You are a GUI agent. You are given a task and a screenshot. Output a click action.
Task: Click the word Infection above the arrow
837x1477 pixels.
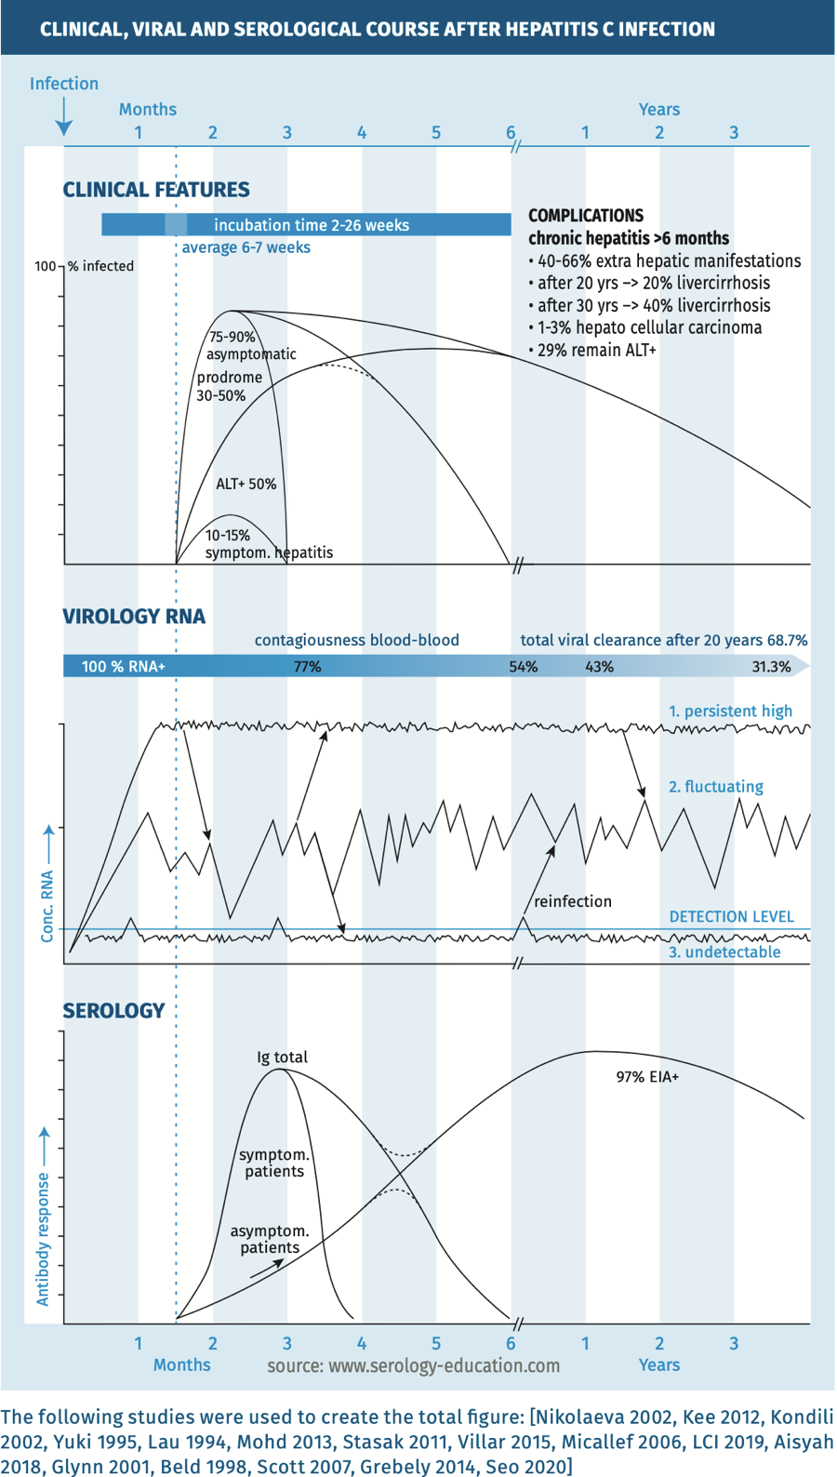click(63, 84)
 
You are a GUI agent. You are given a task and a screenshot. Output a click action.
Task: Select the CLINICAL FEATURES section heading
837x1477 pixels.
click(156, 190)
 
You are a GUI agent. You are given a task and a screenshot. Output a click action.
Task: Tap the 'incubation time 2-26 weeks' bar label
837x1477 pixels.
click(311, 225)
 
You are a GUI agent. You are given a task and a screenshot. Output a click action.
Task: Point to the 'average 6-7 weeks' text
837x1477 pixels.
click(246, 247)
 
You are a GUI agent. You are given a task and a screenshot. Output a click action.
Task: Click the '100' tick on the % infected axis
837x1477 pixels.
click(46, 266)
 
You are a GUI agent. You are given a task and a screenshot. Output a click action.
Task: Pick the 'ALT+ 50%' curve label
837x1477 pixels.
click(246, 484)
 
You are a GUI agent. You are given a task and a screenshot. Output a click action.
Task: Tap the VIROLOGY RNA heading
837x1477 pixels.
click(134, 617)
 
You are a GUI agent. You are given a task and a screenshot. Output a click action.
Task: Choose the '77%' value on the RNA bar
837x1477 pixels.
click(307, 667)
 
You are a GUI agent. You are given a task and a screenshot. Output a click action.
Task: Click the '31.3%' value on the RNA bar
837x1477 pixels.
click(771, 667)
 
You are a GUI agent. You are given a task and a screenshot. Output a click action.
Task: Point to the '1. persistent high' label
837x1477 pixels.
click(730, 712)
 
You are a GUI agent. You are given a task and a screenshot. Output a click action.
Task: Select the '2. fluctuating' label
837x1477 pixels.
click(715, 787)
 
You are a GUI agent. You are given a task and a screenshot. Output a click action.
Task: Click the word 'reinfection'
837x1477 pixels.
click(573, 901)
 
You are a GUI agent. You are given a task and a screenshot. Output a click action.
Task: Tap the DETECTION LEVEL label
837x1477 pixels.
click(731, 917)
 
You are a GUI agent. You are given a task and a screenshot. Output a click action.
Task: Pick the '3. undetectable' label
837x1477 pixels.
click(724, 952)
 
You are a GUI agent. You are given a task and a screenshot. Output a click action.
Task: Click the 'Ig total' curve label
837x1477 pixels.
click(282, 1058)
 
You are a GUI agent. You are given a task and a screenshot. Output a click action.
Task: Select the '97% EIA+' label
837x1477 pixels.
click(647, 1077)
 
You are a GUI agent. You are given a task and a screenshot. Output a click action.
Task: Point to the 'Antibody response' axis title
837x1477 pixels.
click(43, 1237)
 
